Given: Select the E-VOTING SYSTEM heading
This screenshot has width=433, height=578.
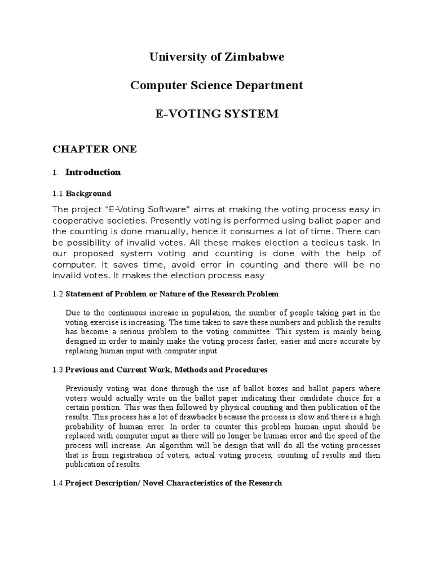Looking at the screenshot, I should [x=217, y=113].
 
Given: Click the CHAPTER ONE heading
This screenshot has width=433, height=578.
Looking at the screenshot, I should [x=95, y=149].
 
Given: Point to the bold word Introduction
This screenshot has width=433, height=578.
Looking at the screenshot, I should [x=93, y=172].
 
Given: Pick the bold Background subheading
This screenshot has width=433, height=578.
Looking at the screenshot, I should [x=89, y=194].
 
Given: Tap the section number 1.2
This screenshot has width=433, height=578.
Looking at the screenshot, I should [x=58, y=294].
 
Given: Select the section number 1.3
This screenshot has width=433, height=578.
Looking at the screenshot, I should [x=58, y=370].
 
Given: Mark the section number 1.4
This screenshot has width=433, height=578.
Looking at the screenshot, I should [x=58, y=483].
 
